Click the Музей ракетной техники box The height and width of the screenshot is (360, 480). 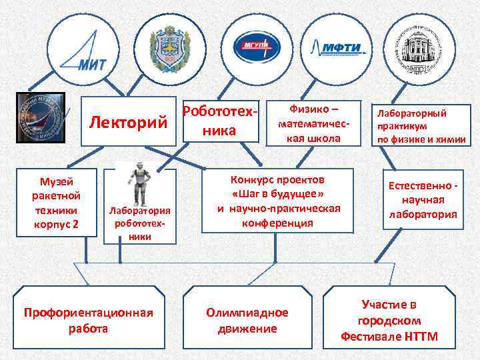click(x=56, y=201)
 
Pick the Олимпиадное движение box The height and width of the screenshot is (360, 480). click(x=247, y=320)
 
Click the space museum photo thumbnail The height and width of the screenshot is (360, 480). click(x=40, y=117)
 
